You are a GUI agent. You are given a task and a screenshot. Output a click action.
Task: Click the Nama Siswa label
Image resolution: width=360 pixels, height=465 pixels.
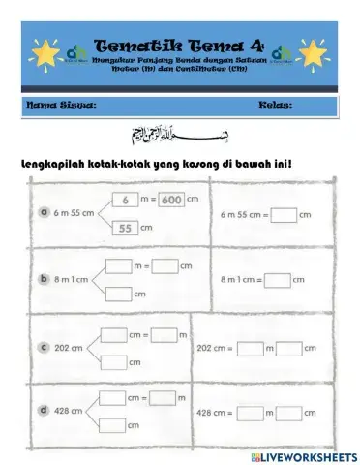point(60,104)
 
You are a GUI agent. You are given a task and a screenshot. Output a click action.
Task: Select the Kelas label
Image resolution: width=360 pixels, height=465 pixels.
point(276,104)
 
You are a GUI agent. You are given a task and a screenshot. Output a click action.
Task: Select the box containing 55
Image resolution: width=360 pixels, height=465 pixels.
point(126,228)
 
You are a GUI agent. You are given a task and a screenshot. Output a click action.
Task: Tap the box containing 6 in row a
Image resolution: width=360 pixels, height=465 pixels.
point(126,201)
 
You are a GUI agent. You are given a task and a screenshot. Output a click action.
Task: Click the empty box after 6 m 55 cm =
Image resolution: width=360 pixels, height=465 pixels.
point(284,213)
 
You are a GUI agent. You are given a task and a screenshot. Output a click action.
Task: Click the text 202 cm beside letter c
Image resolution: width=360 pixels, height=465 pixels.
point(70,346)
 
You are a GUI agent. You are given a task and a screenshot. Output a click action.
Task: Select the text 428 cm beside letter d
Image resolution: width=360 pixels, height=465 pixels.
point(70,411)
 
